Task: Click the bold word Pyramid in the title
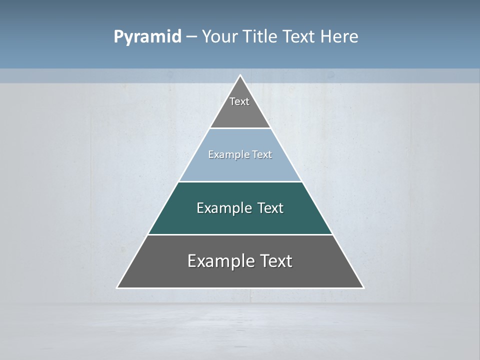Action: tap(147, 37)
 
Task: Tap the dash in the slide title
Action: tap(191, 37)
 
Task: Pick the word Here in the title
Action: tap(339, 37)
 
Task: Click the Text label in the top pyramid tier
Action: tap(239, 101)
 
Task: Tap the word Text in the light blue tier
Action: tap(262, 154)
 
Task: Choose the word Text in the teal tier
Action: tap(270, 208)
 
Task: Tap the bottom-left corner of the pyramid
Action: tap(117, 287)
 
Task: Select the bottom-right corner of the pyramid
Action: tap(363, 287)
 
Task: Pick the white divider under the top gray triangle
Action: tap(240, 128)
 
